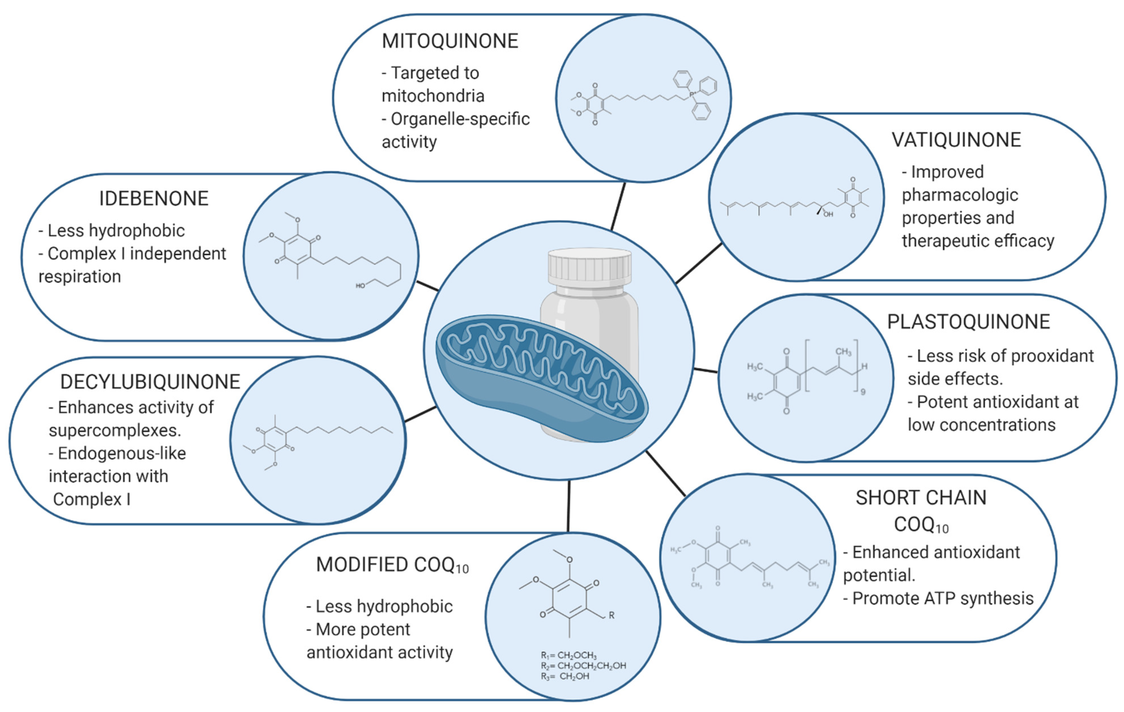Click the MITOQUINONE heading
tap(450, 41)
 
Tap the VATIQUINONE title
tap(956, 140)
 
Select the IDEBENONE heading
tap(153, 199)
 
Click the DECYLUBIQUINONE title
tap(150, 382)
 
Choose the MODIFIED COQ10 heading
tap(392, 565)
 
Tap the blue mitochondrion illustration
tap(541, 378)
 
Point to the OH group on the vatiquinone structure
tap(828, 215)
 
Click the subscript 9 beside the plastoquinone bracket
tap(863, 392)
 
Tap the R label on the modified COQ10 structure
tap(612, 616)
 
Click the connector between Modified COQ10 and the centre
tap(569, 506)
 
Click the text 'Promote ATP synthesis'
tap(943, 599)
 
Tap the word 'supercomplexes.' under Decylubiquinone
tap(115, 430)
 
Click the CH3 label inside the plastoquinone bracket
tap(843, 352)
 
